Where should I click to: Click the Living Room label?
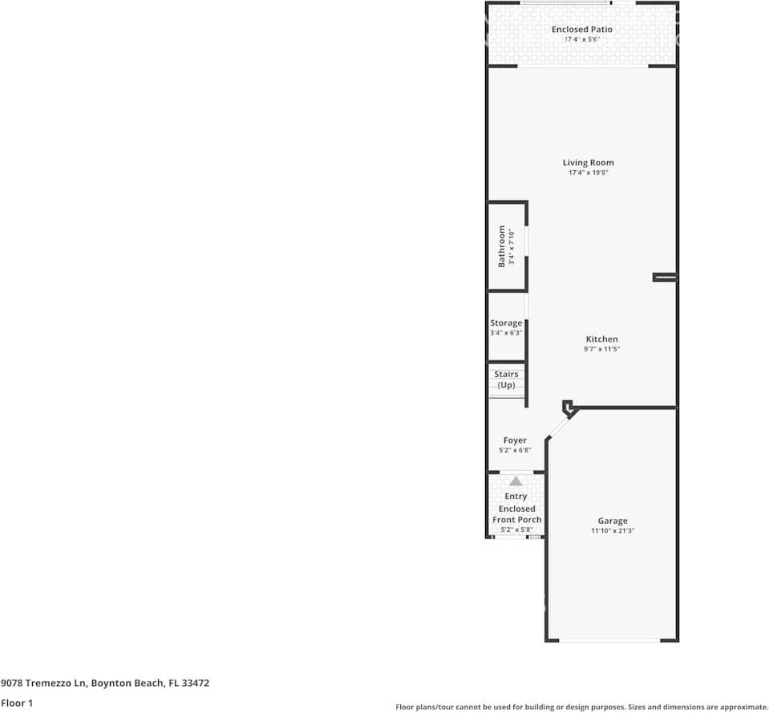pyautogui.click(x=588, y=163)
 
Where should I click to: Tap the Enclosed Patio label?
pyautogui.click(x=581, y=30)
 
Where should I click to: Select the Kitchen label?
pyautogui.click(x=601, y=339)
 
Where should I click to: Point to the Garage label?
pyautogui.click(x=612, y=521)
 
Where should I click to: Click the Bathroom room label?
pyautogui.click(x=502, y=246)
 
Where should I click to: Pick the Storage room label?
pyautogui.click(x=506, y=323)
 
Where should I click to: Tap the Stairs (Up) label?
pyautogui.click(x=506, y=379)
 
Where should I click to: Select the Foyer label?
pyautogui.click(x=515, y=440)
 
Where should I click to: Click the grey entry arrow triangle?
pyautogui.click(x=516, y=481)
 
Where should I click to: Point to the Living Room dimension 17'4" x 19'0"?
pyautogui.click(x=588, y=173)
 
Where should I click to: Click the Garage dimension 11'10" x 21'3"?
pyautogui.click(x=612, y=531)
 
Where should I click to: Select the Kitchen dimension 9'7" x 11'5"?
pyautogui.click(x=601, y=350)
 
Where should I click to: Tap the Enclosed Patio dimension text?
pyautogui.click(x=581, y=39)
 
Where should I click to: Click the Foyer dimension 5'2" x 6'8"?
pyautogui.click(x=515, y=450)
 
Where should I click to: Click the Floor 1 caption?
pyautogui.click(x=17, y=703)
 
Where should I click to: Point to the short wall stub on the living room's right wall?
pyautogui.click(x=665, y=278)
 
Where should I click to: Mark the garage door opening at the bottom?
pyautogui.click(x=611, y=640)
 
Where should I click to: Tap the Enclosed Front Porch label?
pyautogui.click(x=516, y=514)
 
